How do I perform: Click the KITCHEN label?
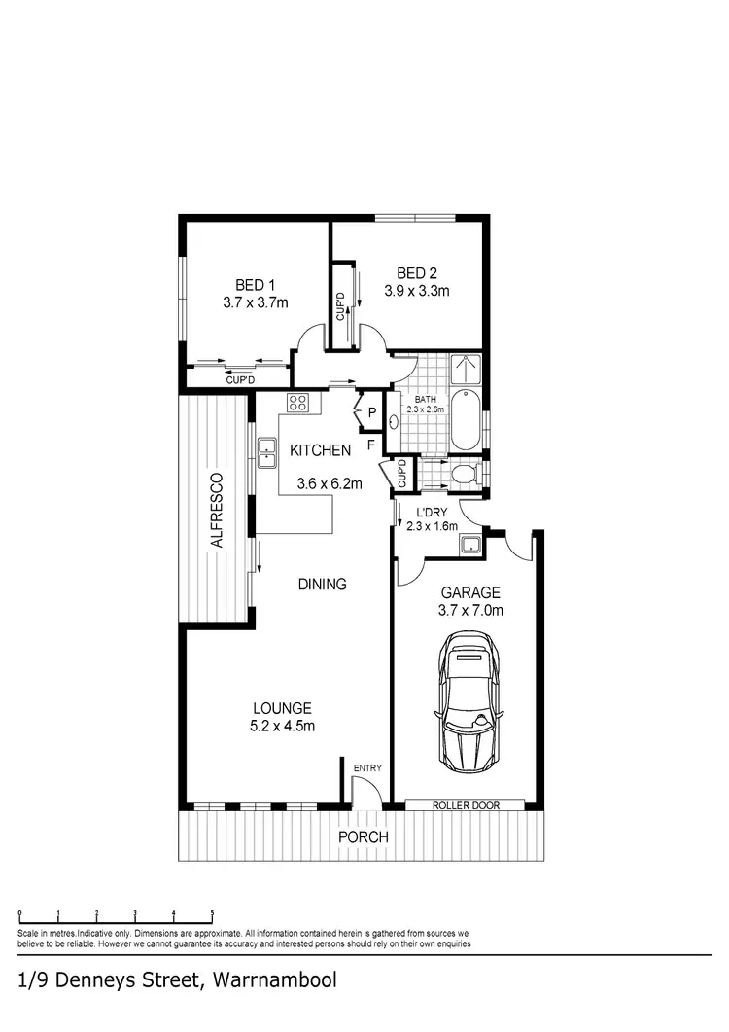tap(320, 450)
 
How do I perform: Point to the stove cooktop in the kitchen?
tap(297, 403)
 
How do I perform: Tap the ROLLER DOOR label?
tap(465, 805)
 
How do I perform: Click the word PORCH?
tap(363, 837)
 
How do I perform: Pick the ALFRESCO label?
tap(218, 511)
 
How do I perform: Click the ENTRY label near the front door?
tap(367, 768)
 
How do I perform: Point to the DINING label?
tap(322, 585)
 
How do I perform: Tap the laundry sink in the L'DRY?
tap(471, 545)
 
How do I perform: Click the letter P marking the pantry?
tap(370, 413)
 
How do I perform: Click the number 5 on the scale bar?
tap(212, 914)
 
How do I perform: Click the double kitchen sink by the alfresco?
tap(267, 450)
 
